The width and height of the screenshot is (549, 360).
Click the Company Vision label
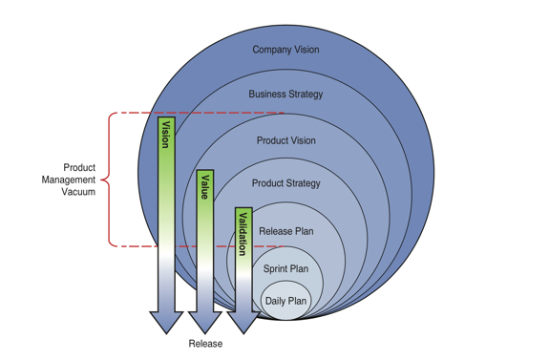[285, 50]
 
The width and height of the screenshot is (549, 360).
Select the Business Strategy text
[285, 95]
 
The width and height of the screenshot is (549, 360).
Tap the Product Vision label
[285, 141]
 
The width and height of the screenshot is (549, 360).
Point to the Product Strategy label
[285, 183]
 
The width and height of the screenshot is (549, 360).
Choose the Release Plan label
[285, 231]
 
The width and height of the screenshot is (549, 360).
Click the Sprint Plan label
[285, 269]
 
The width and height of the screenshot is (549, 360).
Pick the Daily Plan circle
[285, 301]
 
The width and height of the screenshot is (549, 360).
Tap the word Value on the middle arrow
[204, 186]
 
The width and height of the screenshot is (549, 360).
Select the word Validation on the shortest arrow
[243, 233]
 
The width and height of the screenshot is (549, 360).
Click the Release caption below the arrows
[205, 344]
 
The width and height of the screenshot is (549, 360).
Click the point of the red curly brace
[102, 180]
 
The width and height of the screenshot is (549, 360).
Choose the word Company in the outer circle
[270, 50]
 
